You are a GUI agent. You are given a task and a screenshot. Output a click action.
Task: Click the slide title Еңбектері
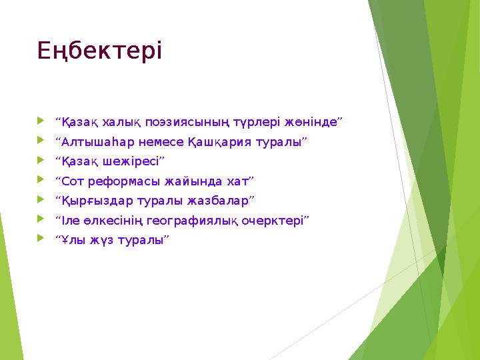pos(99,51)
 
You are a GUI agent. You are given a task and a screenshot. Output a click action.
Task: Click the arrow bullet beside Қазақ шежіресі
pos(43,161)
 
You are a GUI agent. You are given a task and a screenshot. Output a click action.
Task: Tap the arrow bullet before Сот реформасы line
pos(43,180)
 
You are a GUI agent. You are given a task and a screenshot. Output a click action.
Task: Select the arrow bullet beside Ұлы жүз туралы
pos(43,239)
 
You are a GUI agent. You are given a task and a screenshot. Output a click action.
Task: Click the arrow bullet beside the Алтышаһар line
pos(43,141)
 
